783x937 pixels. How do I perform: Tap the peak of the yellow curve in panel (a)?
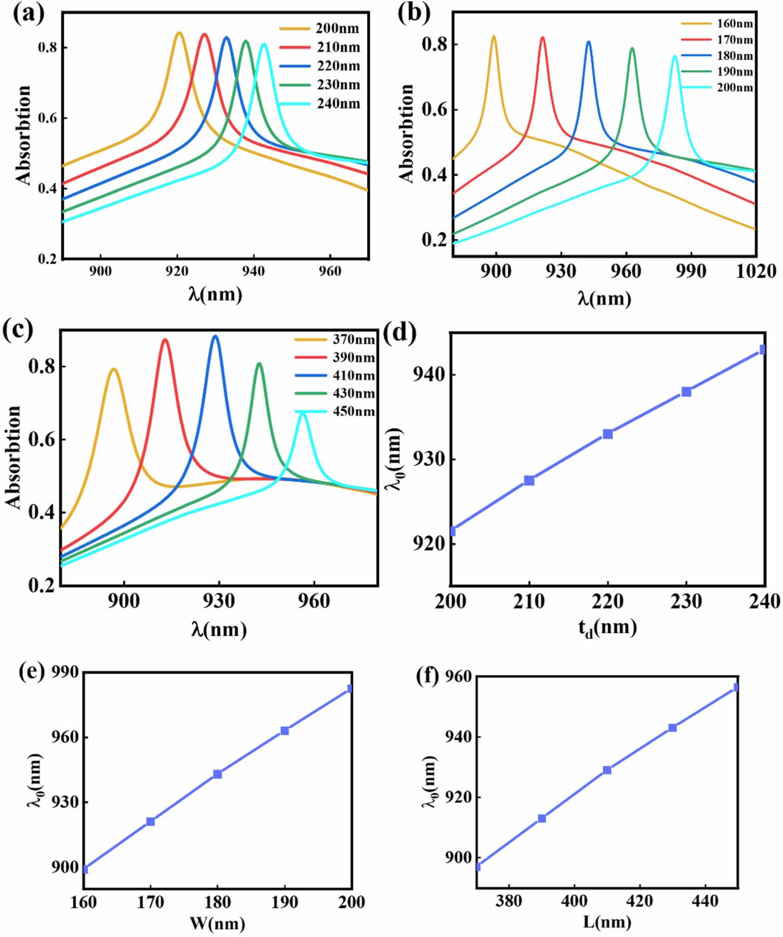point(179,33)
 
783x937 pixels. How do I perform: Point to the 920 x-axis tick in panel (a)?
point(177,271)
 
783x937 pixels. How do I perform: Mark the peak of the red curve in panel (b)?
point(542,37)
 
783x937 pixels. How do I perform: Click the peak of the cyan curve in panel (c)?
point(303,412)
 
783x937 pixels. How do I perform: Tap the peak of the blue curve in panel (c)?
point(215,336)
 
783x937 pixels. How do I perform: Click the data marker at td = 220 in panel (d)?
point(608,434)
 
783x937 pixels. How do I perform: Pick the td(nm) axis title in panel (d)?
point(607,628)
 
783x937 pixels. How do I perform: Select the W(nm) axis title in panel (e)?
point(217,923)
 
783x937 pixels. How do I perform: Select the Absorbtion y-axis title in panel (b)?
point(406,134)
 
